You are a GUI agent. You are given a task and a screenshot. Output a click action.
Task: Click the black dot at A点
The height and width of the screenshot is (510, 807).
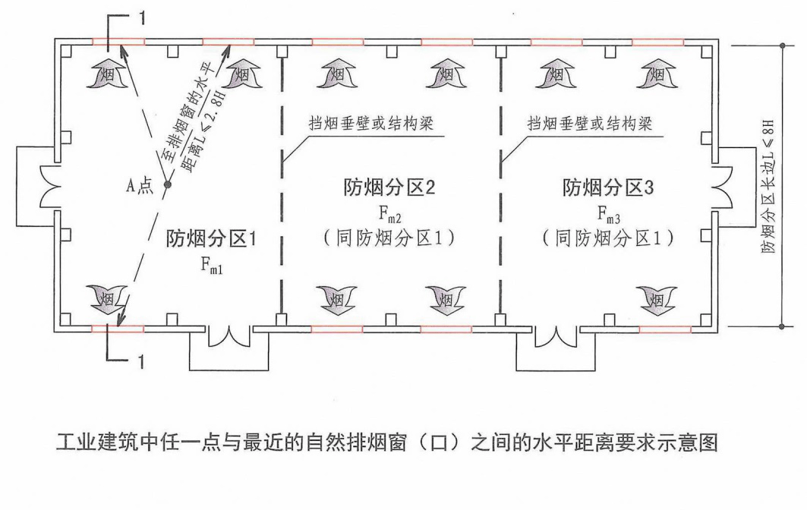coord(167,184)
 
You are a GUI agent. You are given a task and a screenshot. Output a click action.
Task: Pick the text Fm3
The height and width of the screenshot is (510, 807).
coord(607,213)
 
